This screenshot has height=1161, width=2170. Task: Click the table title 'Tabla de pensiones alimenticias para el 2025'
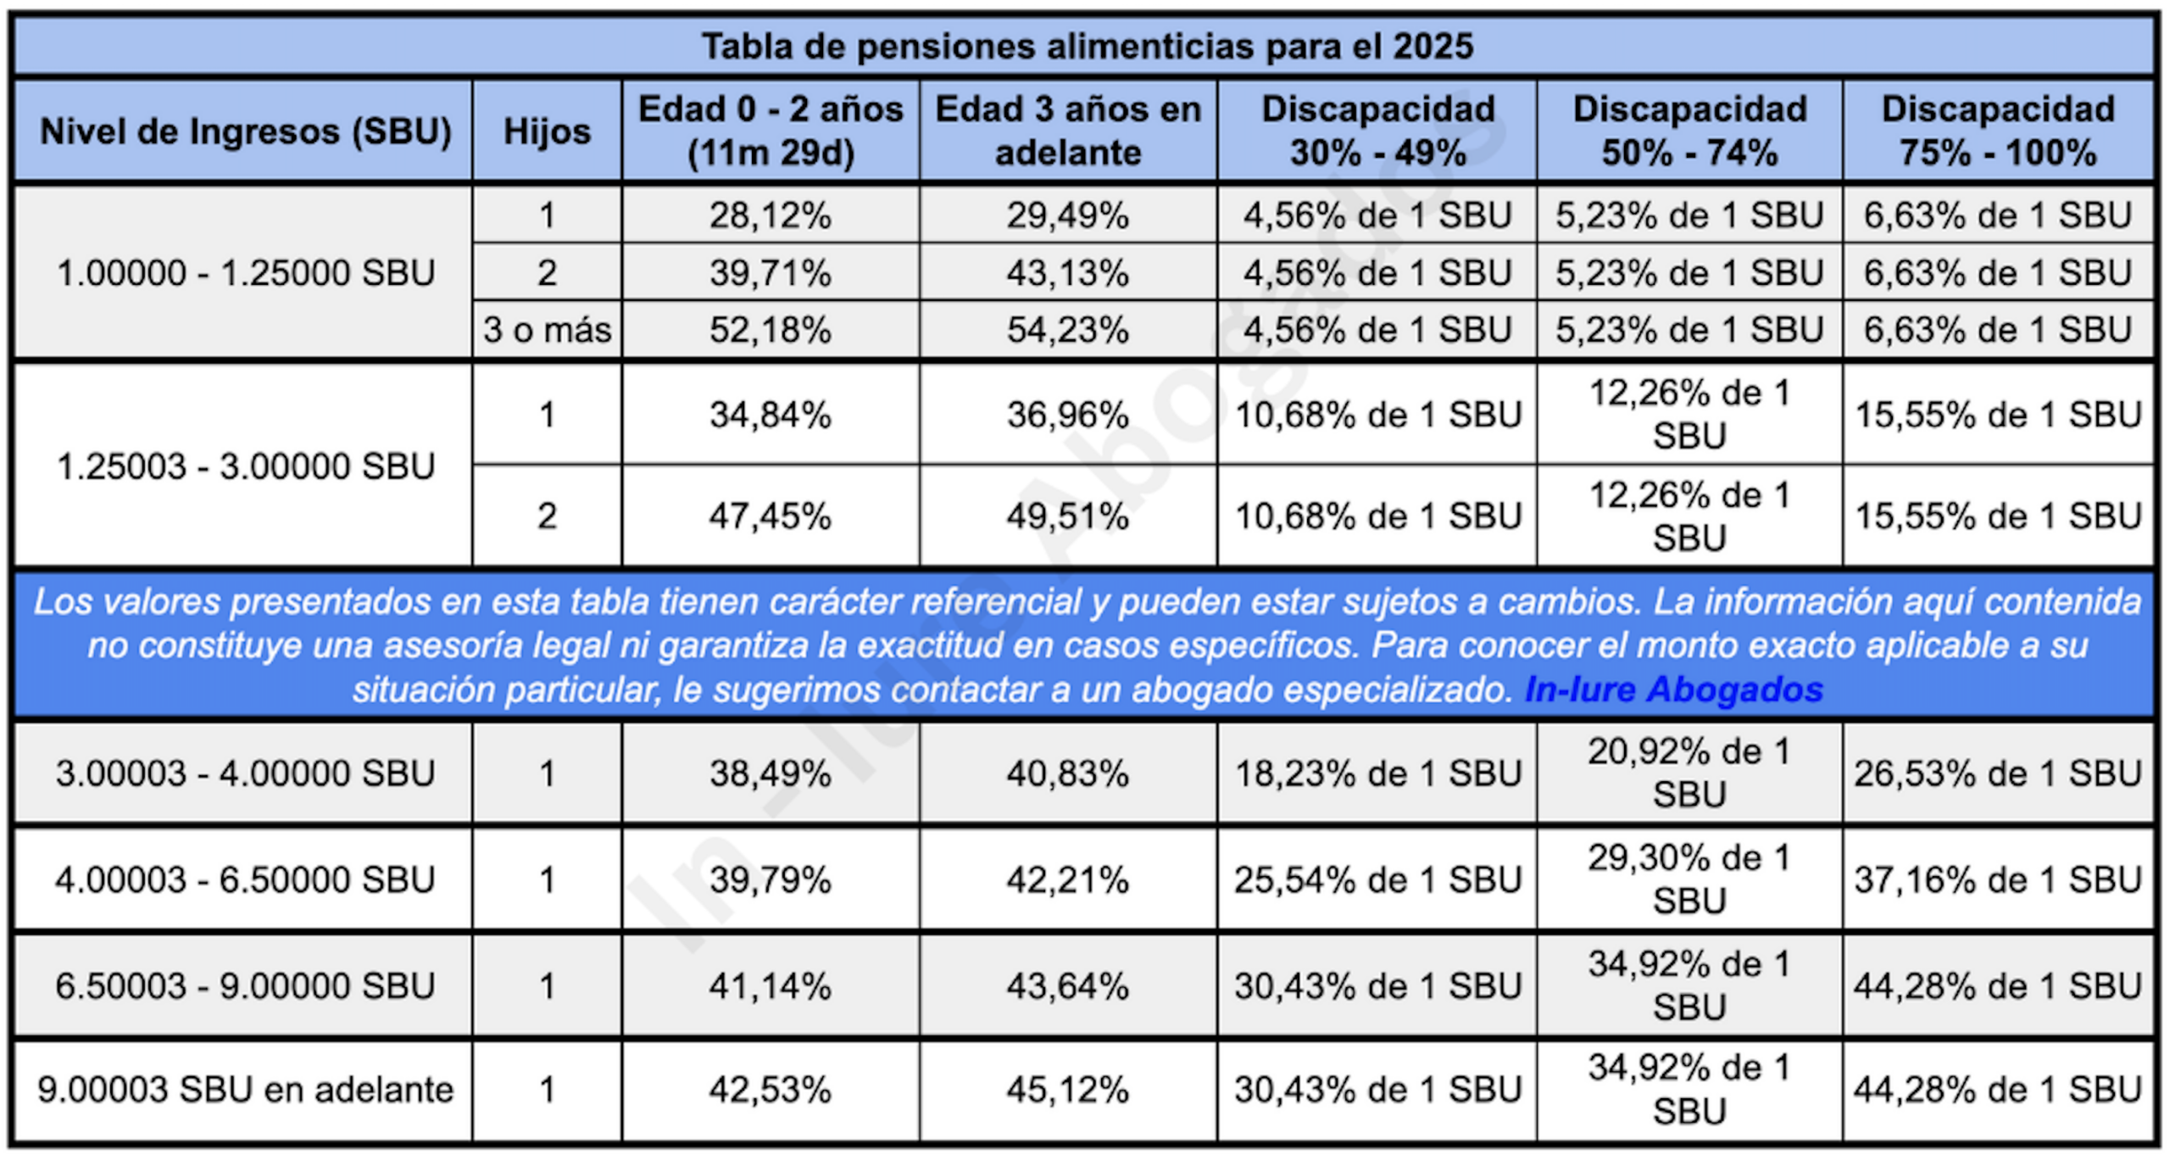tap(1087, 46)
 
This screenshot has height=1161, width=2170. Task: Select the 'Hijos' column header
tap(547, 131)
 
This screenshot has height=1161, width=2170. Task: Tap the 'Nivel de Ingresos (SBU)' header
tap(245, 131)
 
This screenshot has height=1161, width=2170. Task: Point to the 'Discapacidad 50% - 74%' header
tap(1689, 131)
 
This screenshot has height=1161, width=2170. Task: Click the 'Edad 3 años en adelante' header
tap(1068, 131)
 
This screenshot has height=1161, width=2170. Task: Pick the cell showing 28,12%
tap(770, 215)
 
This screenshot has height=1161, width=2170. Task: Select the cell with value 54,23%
tap(1068, 329)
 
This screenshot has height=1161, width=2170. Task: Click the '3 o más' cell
tap(547, 329)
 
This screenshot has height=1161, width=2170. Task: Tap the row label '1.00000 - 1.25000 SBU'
tap(245, 273)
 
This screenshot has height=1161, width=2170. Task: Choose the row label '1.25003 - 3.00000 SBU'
tap(245, 466)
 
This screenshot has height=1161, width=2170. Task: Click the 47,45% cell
tap(770, 516)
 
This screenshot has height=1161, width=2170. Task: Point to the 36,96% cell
tap(1068, 415)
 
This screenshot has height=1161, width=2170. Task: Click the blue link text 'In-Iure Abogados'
tap(1673, 689)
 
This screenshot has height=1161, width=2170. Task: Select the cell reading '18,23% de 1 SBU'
tap(1377, 773)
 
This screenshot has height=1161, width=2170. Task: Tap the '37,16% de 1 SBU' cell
tap(1998, 879)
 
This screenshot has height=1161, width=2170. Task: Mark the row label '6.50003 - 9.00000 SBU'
tap(245, 985)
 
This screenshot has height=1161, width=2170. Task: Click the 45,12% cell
tap(1068, 1090)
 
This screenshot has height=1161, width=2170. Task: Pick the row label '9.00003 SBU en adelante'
tap(245, 1090)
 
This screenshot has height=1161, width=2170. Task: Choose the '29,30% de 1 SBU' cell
tap(1689, 879)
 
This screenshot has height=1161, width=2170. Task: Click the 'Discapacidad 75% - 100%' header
tap(1998, 131)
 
